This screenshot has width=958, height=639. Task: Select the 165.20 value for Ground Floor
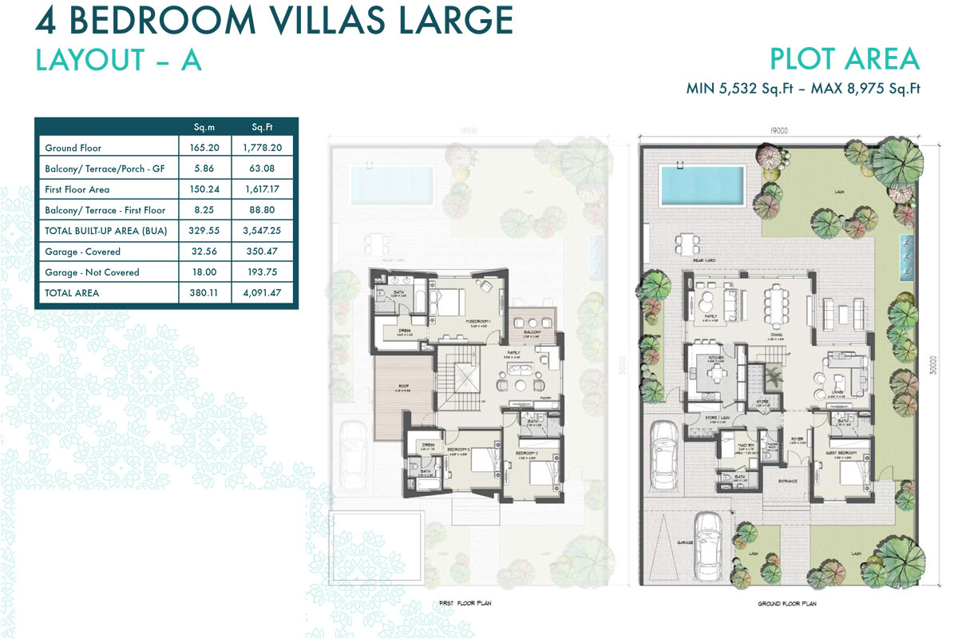205,148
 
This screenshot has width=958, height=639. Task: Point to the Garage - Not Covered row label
92,272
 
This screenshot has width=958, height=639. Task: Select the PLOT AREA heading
845,59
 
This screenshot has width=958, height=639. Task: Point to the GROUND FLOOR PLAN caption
786,605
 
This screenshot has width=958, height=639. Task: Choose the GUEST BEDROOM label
849,452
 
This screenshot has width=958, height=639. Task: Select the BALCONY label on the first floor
533,332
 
